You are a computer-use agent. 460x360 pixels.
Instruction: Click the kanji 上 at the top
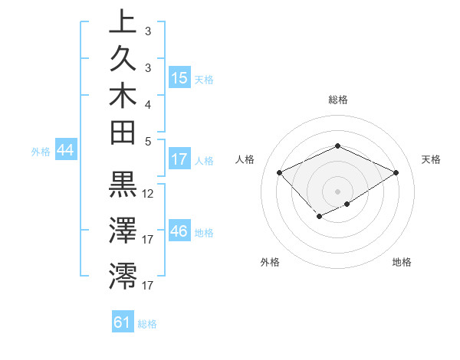[x=123, y=22]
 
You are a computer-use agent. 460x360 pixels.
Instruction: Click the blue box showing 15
[x=179, y=78]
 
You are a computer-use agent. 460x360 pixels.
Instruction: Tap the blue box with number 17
[x=179, y=159]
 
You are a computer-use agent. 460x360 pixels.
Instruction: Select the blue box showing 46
[x=179, y=231]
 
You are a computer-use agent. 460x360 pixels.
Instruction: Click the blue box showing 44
[x=66, y=151]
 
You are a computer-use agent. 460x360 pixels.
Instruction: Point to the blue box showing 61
[x=123, y=322]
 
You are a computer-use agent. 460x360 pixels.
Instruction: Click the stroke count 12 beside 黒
[x=149, y=194]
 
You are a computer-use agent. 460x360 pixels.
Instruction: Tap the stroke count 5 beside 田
[x=148, y=140]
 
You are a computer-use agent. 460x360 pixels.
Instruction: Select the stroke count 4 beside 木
[x=148, y=103]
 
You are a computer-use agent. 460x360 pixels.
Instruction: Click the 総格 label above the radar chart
[x=337, y=100]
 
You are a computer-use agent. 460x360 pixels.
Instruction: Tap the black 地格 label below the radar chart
[x=402, y=263]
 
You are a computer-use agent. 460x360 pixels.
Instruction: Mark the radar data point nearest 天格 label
[x=396, y=173]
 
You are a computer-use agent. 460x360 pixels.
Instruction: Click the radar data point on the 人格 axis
[x=280, y=172]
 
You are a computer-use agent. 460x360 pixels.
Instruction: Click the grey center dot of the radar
[x=337, y=190]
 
